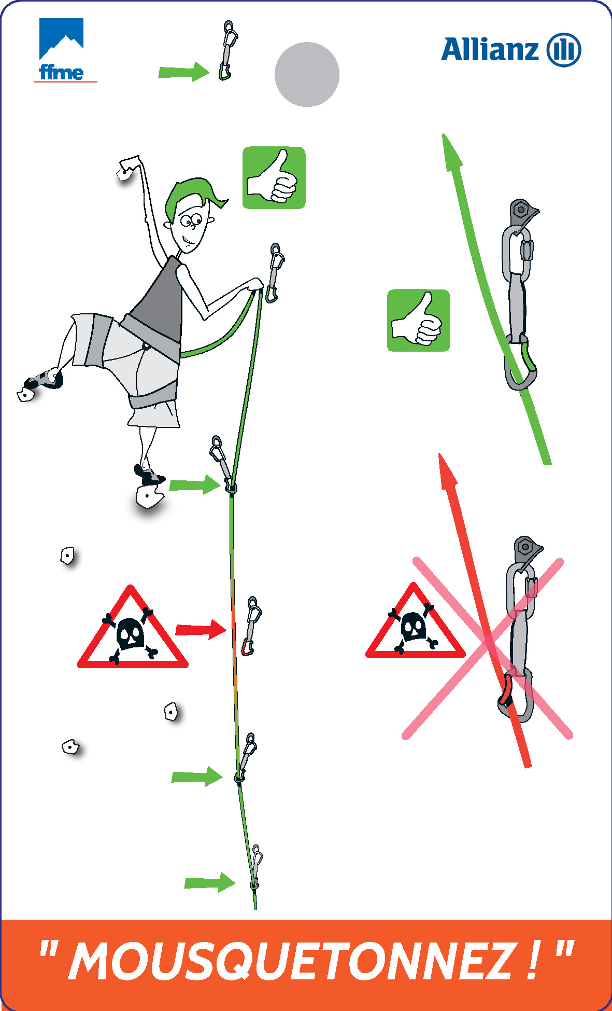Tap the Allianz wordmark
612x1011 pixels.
tap(490, 50)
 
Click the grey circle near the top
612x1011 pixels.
tap(307, 74)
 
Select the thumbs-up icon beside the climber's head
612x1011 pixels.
tap(274, 178)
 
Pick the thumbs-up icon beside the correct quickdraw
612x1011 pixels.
tap(419, 321)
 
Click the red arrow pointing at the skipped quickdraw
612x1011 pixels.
tap(201, 629)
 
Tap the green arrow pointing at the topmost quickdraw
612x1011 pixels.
tap(184, 72)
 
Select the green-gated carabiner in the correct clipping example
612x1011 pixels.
tap(521, 363)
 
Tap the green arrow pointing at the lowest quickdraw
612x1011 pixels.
tap(210, 882)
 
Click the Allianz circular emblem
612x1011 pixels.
tap(564, 50)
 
